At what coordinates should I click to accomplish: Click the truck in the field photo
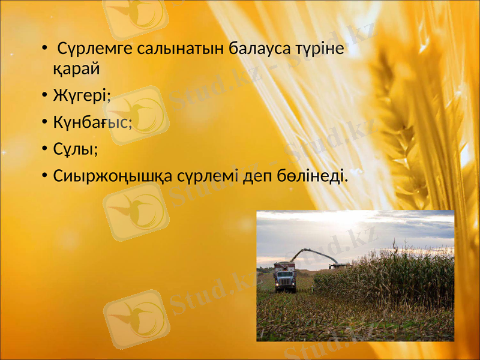click(x=285, y=277)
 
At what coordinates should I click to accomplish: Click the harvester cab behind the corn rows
click(x=339, y=265)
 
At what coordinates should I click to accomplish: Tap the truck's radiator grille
click(x=286, y=279)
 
